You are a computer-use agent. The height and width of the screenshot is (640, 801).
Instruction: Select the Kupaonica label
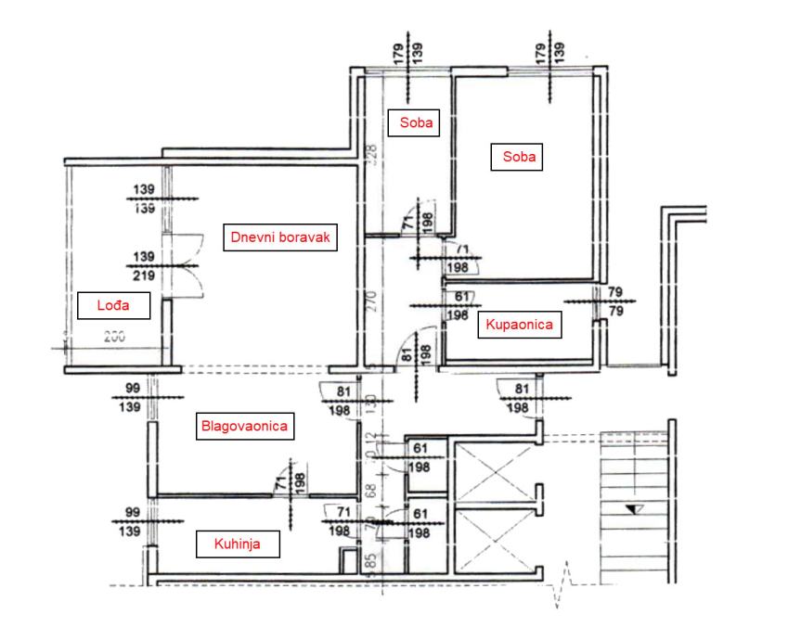517,325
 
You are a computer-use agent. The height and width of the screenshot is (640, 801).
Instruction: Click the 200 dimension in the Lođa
113,339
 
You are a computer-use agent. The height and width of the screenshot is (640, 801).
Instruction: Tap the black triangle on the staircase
634,508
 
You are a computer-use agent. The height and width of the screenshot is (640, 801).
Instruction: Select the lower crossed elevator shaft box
489,542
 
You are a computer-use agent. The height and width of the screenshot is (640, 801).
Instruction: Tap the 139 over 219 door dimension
143,264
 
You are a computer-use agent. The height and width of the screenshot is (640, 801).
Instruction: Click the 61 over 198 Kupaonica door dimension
456,306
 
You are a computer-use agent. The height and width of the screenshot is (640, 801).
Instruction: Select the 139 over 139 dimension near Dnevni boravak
143,198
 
